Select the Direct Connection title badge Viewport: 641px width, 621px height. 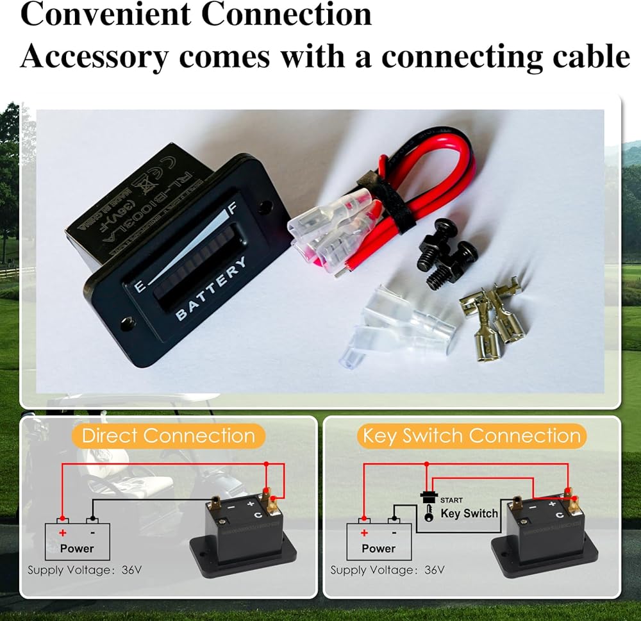tap(168, 436)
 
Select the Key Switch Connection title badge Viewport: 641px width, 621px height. tap(471, 436)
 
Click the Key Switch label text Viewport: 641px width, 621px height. tap(469, 513)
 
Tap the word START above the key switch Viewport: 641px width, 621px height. tap(451, 500)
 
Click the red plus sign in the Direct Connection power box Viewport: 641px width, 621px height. tap(62, 533)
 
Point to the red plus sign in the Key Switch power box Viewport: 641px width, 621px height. tap(364, 533)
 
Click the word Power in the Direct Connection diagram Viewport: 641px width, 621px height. tap(77, 549)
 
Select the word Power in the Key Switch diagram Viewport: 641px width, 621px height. tap(379, 549)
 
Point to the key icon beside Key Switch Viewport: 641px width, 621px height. tap(428, 513)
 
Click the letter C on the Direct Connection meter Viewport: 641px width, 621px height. tap(258, 515)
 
